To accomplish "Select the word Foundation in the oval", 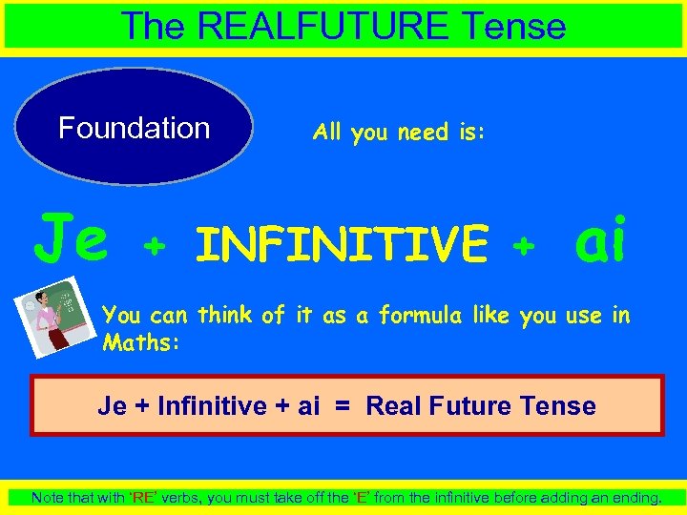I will pyautogui.click(x=135, y=128).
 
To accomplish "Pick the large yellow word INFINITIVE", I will pyautogui.click(x=342, y=244).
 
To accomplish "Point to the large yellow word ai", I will pyautogui.click(x=601, y=242).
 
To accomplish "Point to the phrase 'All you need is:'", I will pyautogui.click(x=399, y=133).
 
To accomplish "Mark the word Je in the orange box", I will pyautogui.click(x=112, y=406).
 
